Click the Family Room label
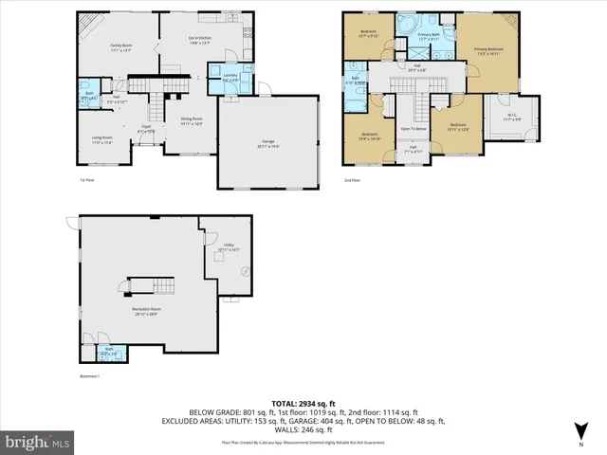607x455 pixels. click(120, 47)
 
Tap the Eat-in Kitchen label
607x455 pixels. click(199, 39)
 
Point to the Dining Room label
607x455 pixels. click(193, 121)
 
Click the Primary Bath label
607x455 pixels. click(429, 36)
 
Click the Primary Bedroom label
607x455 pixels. click(489, 51)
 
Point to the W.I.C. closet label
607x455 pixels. click(511, 118)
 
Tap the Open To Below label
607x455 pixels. click(413, 128)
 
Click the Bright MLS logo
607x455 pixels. click(39, 441)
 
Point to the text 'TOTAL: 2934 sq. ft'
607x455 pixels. click(303, 404)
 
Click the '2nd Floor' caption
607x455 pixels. click(354, 179)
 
